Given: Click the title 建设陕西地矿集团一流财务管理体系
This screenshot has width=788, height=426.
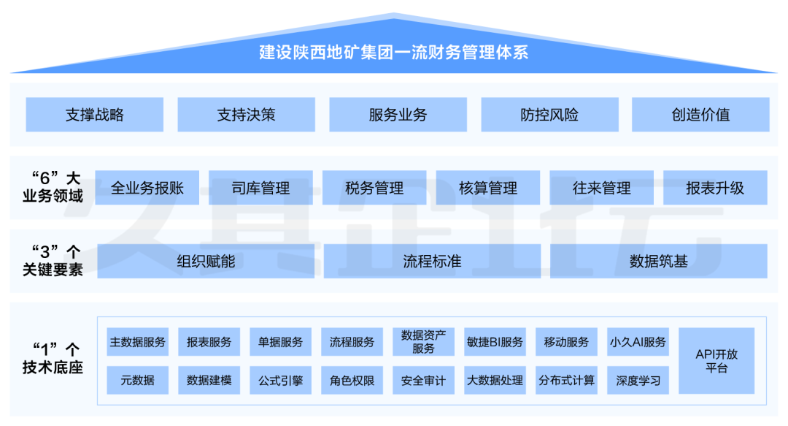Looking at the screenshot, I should click(394, 53).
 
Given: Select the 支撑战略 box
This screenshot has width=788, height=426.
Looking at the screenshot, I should click(95, 115).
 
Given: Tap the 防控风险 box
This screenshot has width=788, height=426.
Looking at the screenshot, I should click(549, 115).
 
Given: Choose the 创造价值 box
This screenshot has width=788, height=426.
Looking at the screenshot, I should click(700, 115).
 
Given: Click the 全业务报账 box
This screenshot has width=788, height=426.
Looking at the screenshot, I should click(147, 188).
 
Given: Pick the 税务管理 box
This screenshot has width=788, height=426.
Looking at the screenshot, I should click(374, 188).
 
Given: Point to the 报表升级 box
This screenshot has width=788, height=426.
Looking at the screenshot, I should click(715, 188).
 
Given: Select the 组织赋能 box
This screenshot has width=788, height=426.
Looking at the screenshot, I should click(206, 261).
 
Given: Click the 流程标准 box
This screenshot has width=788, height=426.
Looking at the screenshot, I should click(432, 261).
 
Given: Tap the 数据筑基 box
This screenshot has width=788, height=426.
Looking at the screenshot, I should click(659, 261).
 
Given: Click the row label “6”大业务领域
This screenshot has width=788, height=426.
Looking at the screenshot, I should click(53, 187).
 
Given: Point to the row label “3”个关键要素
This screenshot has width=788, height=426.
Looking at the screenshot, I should click(53, 261).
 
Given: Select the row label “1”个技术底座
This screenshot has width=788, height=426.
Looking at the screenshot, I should click(53, 358).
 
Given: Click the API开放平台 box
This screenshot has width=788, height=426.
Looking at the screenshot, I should click(716, 360).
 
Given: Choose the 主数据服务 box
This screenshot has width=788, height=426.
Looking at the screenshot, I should click(138, 342).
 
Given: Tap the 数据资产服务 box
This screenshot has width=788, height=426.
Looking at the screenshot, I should click(423, 342).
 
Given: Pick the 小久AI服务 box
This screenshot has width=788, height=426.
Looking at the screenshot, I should click(638, 342).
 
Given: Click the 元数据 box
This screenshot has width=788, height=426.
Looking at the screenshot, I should click(138, 380).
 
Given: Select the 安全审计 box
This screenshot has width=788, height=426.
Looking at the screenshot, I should click(423, 380).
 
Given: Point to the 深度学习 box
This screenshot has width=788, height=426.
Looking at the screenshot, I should click(638, 380).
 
